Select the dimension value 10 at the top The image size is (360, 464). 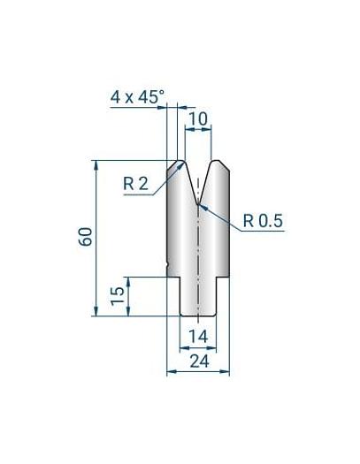pos(198,118)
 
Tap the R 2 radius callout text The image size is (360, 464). pos(135,184)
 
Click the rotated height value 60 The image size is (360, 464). pos(87,236)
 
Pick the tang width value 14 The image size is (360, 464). pos(198,335)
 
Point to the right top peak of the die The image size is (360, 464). pos(215,162)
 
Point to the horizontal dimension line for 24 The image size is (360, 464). pos(198,372)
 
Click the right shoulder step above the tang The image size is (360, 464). pos(224,278)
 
